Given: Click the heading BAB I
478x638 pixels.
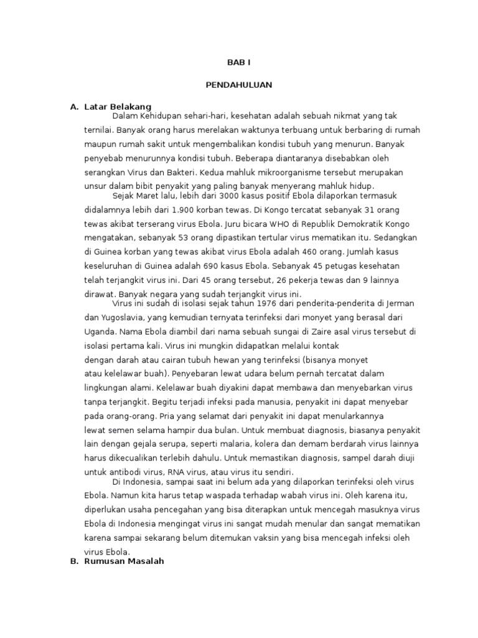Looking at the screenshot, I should coord(238,63).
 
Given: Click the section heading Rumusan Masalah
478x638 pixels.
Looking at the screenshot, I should coord(124,561).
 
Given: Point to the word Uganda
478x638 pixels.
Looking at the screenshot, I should coord(100,331).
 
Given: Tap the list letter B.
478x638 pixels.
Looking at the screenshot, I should coord(74,561).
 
